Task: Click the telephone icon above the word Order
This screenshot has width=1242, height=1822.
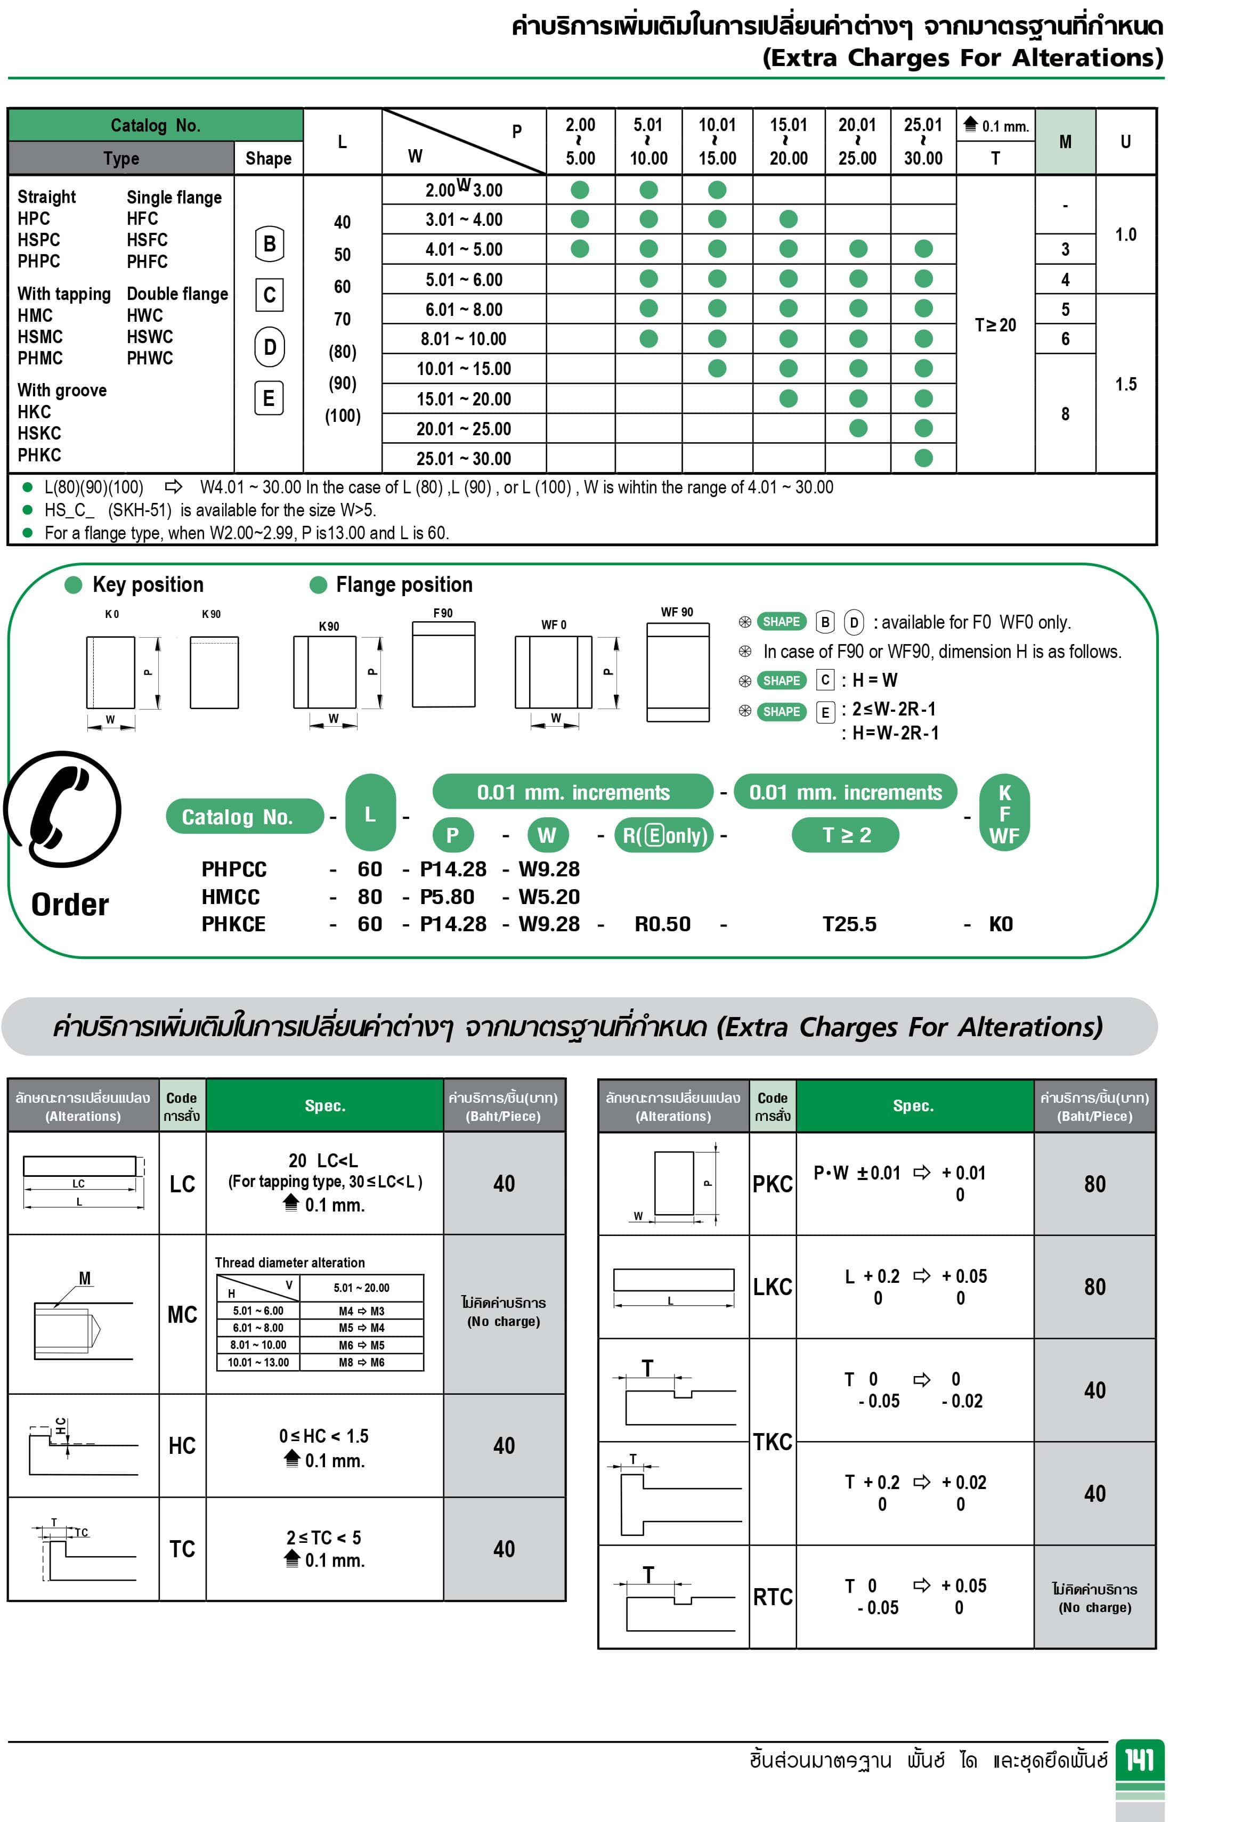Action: pos(63,809)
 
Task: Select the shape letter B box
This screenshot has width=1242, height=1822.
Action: pos(269,245)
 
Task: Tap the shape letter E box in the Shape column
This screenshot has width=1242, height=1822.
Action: pos(269,399)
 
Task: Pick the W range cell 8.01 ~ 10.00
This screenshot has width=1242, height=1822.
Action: pos(464,339)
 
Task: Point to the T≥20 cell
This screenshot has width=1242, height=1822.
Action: pos(995,324)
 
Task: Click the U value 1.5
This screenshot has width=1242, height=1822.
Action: pos(1125,384)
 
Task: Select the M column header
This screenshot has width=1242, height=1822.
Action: pos(1065,142)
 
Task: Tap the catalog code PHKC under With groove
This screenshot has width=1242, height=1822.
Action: pos(39,455)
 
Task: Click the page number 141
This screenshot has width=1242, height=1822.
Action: pos(1139,1760)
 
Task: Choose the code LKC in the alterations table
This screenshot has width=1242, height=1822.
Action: pos(773,1287)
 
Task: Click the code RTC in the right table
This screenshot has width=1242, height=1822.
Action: pos(773,1597)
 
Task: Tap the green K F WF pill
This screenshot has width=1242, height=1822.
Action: pos(1004,815)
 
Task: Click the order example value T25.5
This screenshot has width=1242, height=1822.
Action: pos(849,924)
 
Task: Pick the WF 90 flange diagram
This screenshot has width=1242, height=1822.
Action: pos(677,672)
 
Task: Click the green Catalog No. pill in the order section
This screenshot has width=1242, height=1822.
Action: pos(244,817)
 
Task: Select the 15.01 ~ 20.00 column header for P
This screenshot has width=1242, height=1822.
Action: pos(788,142)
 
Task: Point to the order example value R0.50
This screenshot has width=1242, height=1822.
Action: pos(662,924)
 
